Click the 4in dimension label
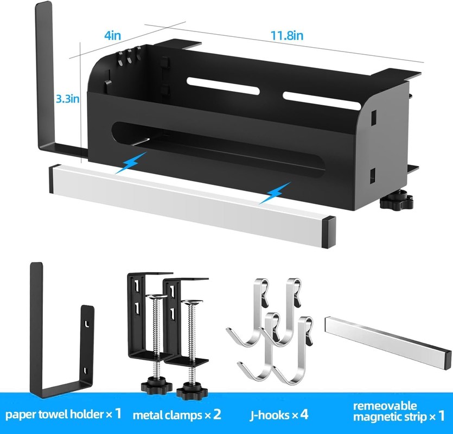tap(113, 36)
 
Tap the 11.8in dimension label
tap(287, 36)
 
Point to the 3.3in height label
tap(68, 99)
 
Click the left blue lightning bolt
tap(131, 163)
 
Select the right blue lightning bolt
tap(275, 193)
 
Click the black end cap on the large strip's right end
tap(329, 232)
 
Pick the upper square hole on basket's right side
tap(373, 117)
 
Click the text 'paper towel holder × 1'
tap(63, 414)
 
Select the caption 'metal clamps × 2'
tap(177, 414)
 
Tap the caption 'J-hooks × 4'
tap(279, 415)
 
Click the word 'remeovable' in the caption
tap(385, 406)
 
